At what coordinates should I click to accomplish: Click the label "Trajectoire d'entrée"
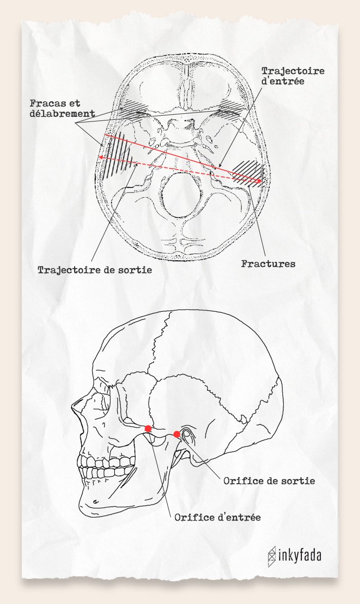(293, 76)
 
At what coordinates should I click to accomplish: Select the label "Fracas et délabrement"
(62, 108)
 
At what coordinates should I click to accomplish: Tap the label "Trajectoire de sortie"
(95, 270)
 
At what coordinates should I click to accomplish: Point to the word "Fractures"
(268, 264)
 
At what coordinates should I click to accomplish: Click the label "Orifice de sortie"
(269, 481)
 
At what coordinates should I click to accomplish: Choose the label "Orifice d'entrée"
(218, 518)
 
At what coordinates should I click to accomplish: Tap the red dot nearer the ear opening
(177, 434)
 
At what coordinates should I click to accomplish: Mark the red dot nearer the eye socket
(148, 429)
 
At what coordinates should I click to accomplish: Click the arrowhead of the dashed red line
(100, 157)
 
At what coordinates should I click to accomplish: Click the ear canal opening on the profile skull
(188, 435)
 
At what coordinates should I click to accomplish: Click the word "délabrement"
(62, 113)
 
